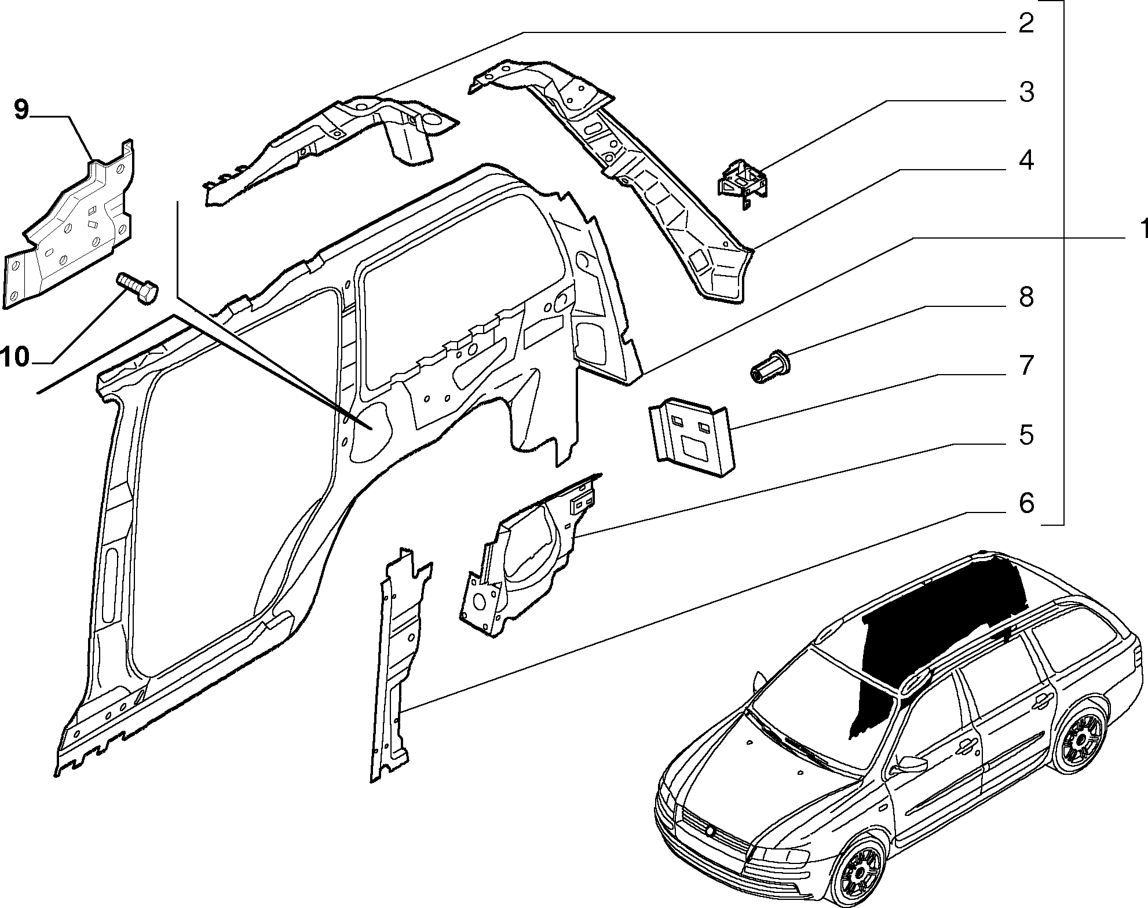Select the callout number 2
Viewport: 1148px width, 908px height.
[x=1026, y=24]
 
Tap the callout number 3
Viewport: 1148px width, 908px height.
[x=1026, y=92]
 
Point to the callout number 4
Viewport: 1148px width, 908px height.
[x=1026, y=160]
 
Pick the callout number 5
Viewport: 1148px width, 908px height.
[x=1026, y=435]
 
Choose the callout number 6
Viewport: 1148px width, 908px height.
[x=1026, y=503]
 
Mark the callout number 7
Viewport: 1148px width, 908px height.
[x=1026, y=365]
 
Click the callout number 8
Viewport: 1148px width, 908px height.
[x=1026, y=298]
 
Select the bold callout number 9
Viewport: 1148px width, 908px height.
[x=21, y=109]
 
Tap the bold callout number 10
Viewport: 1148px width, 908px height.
[x=16, y=357]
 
